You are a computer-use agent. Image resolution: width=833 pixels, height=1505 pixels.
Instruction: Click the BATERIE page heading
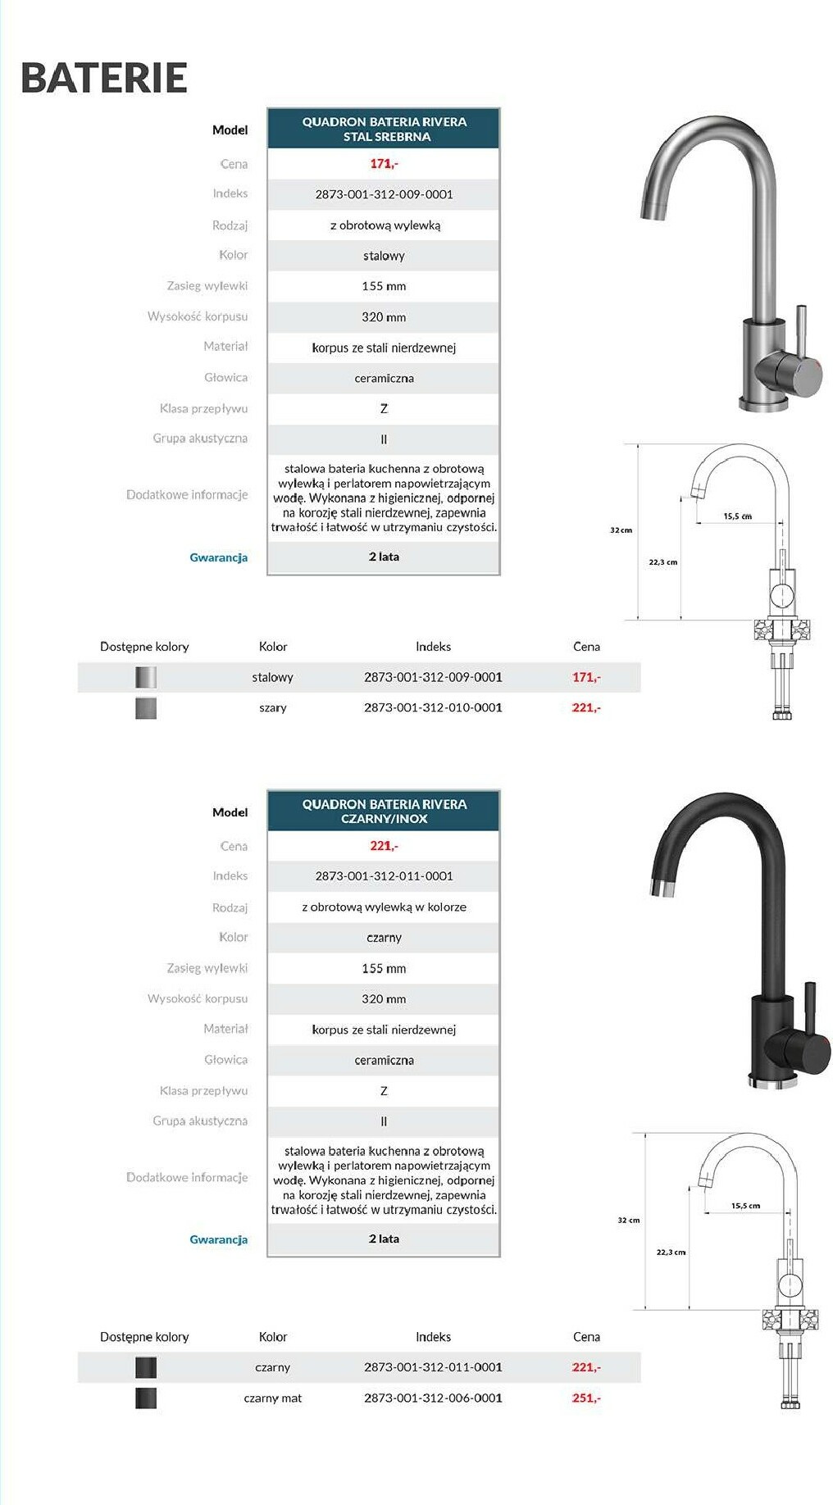coord(104,78)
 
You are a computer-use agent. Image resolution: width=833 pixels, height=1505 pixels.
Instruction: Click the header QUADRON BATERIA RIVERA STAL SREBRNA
coord(384,130)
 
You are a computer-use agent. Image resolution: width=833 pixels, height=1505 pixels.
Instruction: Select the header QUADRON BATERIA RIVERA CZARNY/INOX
coord(384,812)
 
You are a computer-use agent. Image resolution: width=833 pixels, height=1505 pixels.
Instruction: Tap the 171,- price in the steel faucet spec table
coord(384,164)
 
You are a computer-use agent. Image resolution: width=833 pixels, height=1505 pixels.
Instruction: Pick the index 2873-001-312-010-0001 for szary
coord(433,707)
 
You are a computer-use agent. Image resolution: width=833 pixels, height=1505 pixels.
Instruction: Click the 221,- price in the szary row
coord(586,707)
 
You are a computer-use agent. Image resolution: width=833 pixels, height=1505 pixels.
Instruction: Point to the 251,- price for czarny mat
coord(586,1398)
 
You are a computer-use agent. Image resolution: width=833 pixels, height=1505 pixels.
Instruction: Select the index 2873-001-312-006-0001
coord(433,1398)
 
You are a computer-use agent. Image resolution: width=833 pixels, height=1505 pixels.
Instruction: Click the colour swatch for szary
coord(146,708)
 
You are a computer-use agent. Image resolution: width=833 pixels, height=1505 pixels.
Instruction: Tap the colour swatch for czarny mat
coord(146,1398)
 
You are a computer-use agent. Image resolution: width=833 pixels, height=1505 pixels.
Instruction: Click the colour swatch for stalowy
coord(146,677)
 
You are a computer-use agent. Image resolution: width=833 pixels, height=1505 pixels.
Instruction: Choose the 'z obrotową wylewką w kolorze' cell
coord(384,907)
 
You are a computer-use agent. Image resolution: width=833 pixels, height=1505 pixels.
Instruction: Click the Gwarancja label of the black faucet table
coord(218,1239)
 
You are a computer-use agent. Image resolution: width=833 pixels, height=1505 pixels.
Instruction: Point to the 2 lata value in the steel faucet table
coord(384,557)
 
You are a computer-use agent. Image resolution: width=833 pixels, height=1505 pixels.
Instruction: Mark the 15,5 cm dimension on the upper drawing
coord(737,516)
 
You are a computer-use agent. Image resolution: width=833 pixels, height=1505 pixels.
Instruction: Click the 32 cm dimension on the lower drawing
coord(629,1221)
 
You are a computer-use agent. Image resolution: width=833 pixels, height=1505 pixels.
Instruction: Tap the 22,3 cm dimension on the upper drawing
coord(663,562)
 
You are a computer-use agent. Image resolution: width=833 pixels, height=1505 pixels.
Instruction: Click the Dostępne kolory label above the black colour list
coord(144,1337)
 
